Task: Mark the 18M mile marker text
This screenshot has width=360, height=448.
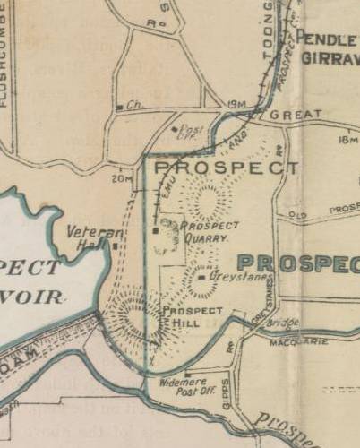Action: pos(348,139)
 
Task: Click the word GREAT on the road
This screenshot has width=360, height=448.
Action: pos(295,116)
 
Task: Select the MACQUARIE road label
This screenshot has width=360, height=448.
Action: pos(298,341)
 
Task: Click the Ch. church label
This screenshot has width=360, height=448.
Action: pos(135,105)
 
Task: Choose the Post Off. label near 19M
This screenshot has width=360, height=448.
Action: pos(191,133)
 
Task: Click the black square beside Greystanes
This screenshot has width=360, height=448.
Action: pos(203,278)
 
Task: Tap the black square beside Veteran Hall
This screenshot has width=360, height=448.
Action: pos(115,243)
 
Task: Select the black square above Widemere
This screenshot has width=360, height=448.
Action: pos(186,375)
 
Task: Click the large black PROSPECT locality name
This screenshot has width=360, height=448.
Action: pos(227,168)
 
